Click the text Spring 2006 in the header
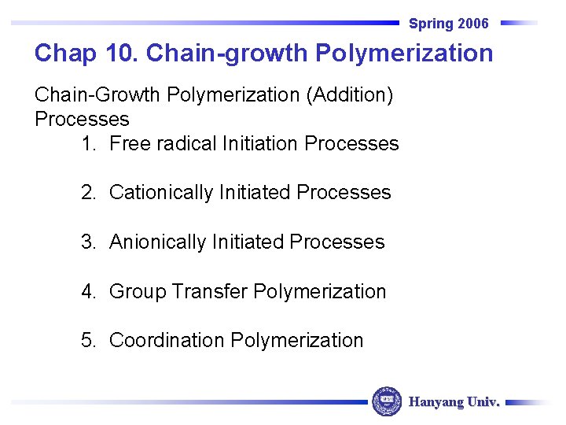(448, 24)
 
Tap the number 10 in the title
(118, 54)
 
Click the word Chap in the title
(64, 54)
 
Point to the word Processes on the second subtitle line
(82, 120)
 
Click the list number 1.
(87, 144)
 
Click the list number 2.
(87, 193)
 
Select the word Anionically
(158, 242)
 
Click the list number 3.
(87, 242)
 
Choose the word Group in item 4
(138, 292)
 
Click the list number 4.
(87, 292)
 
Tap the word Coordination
(167, 341)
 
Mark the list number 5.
(87, 341)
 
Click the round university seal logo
(387, 401)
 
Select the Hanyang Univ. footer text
(454, 402)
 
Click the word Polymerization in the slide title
(404, 54)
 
